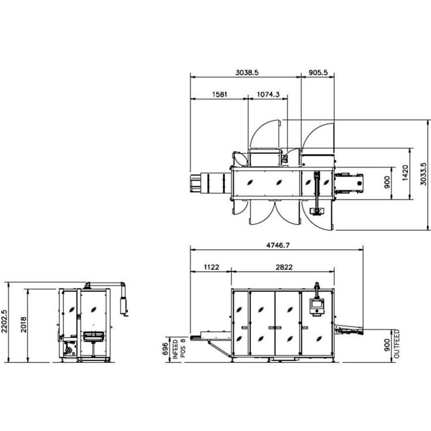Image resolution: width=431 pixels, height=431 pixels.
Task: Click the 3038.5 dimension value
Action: tap(246, 72)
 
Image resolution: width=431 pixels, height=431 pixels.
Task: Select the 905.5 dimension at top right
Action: tap(318, 72)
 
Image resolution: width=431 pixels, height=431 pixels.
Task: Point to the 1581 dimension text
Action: tap(219, 94)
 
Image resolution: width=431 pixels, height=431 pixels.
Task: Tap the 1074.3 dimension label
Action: tap(268, 94)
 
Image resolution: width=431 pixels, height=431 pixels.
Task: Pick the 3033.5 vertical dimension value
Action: tap(423, 175)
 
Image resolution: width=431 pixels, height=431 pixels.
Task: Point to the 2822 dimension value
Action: tap(284, 267)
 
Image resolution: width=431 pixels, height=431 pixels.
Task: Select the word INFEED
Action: tap(176, 347)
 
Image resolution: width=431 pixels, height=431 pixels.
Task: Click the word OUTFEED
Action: tap(397, 344)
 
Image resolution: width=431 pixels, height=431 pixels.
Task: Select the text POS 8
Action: tap(183, 347)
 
